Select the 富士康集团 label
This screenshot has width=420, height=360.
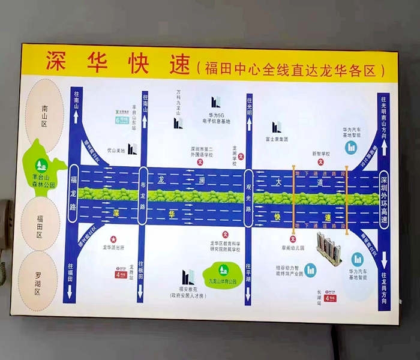tap(276, 138)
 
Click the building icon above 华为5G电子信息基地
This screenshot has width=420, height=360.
tap(215, 103)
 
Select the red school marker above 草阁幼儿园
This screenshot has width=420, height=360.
tap(293, 239)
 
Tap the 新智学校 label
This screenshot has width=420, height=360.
tap(321, 154)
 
